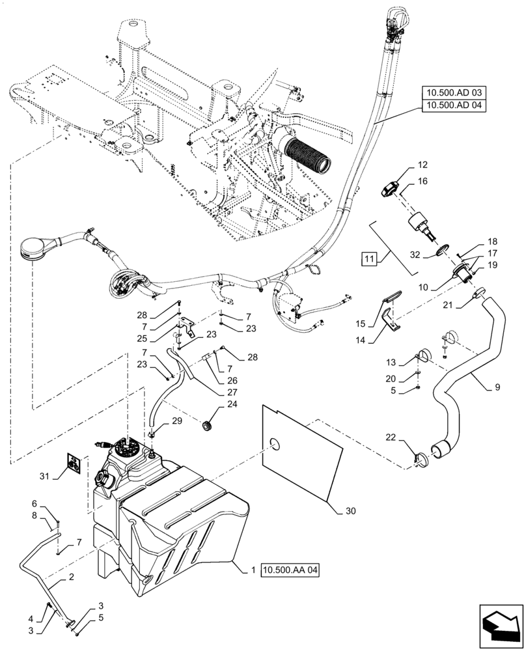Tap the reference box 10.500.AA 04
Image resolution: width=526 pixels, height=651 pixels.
292,570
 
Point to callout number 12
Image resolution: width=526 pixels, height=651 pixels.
404,165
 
